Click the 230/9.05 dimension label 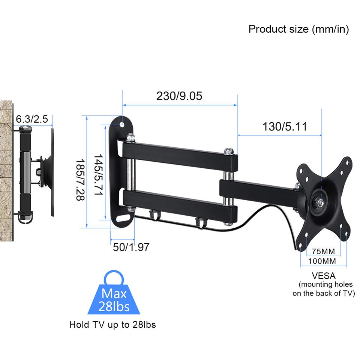click(x=179, y=96)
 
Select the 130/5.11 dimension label click(x=284, y=127)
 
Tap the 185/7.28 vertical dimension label click(x=80, y=179)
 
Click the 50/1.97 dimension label click(x=131, y=247)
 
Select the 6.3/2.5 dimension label click(x=32, y=119)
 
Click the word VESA click(x=323, y=276)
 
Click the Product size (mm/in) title click(x=298, y=29)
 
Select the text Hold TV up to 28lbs click(x=112, y=324)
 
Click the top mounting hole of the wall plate click(x=122, y=124)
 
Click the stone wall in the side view click(x=6, y=169)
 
